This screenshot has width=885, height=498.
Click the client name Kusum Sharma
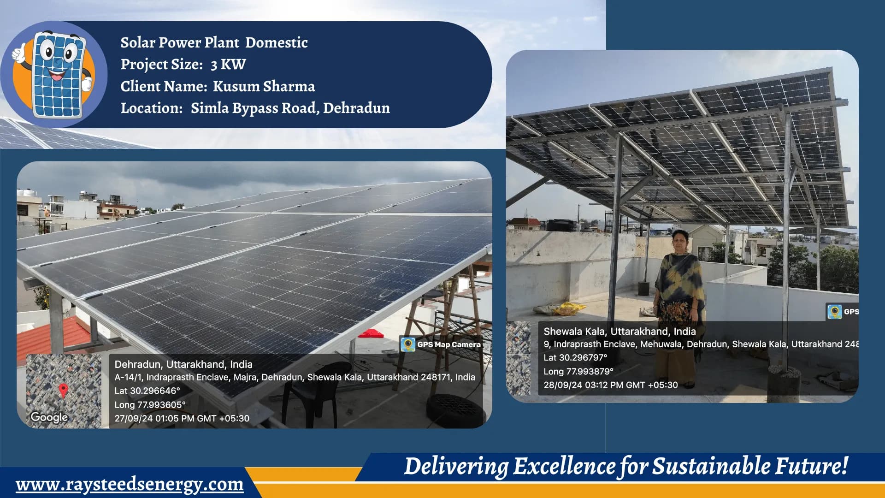pos(264,86)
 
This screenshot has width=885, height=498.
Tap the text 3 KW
pos(228,65)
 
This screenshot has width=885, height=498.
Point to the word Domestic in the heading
pos(276,42)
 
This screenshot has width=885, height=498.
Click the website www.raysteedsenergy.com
pos(130,484)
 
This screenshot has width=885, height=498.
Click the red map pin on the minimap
pos(64,390)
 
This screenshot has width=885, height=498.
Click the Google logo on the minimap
pos(49,417)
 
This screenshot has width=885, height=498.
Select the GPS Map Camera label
pos(448,344)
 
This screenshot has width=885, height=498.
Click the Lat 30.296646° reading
pos(147,391)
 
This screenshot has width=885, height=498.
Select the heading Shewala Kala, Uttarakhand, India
pos(619,331)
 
